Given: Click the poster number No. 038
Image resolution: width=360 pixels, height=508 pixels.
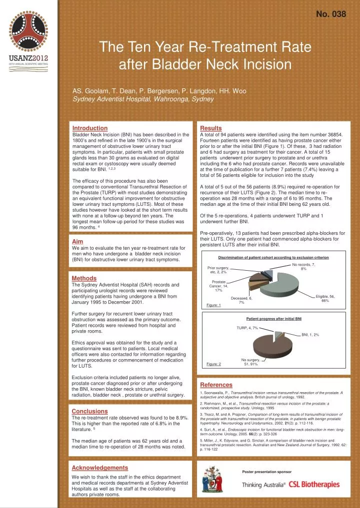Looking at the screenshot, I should tap(331, 14).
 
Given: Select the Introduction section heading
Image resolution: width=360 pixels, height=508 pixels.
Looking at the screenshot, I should tap(90, 128).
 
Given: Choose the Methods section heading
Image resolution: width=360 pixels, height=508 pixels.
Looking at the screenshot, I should tap(84, 278).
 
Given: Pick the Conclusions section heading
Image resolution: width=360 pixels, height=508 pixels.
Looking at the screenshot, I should tap(90, 411).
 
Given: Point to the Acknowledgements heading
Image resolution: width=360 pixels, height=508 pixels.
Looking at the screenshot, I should tap(100, 468).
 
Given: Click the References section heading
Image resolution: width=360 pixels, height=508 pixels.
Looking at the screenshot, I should tap(216, 385).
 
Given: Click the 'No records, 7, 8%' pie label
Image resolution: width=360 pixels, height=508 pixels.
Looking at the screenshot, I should tap(303, 267).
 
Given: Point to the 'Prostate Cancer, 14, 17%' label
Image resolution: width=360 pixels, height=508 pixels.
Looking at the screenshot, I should tap(218, 286).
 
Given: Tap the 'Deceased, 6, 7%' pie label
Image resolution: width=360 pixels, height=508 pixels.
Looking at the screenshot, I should tap(241, 300).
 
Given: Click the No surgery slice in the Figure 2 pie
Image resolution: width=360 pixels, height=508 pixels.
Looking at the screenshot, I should tap(274, 345).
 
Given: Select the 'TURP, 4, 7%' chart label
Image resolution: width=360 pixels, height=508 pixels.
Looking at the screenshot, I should tap(247, 328).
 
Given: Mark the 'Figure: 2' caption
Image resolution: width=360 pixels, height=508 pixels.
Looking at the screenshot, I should tap(214, 364).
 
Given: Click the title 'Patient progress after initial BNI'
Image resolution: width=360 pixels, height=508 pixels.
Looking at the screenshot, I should tap(273, 318).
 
